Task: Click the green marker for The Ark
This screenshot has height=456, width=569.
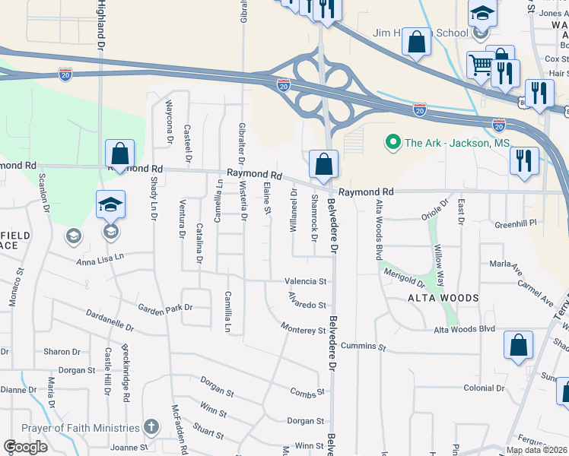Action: pos(393,142)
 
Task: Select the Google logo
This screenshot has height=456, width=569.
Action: pos(25,447)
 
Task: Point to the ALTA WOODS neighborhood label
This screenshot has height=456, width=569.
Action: pos(443,298)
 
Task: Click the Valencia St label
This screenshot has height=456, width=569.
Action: pos(306,280)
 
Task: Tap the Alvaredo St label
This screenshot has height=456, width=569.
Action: pos(307,306)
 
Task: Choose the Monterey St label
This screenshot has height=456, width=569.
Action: pos(303,331)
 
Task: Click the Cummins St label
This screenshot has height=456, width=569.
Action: pos(363,346)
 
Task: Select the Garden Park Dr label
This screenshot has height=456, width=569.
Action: pos(165,309)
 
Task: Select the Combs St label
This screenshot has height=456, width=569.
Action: pos(307,392)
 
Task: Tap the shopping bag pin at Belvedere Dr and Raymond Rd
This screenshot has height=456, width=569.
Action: pos(324,163)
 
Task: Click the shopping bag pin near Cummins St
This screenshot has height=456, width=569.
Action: pos(518,345)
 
